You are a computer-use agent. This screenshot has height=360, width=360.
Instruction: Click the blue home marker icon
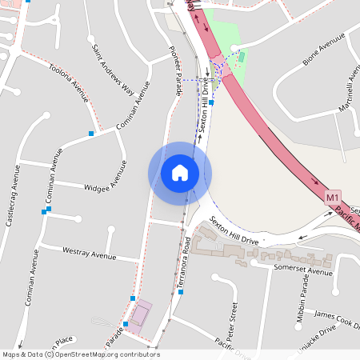(179, 173)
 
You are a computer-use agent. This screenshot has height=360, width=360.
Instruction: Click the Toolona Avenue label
(68, 82)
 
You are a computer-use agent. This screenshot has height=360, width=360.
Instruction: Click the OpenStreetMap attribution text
(80, 354)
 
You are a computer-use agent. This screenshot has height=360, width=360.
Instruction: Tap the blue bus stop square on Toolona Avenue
(92, 133)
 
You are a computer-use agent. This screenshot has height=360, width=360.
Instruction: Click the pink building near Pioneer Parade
(141, 315)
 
